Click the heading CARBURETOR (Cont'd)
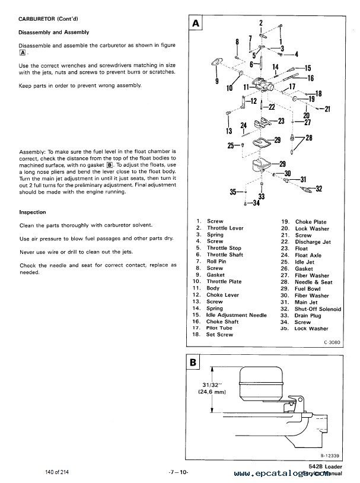click(x=45, y=19)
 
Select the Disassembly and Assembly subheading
click(x=53, y=34)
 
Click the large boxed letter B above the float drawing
click(x=194, y=361)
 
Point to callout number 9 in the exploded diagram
click(x=216, y=81)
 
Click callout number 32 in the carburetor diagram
click(x=319, y=189)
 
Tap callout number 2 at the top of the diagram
click(x=260, y=23)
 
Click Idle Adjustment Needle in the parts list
click(x=237, y=315)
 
